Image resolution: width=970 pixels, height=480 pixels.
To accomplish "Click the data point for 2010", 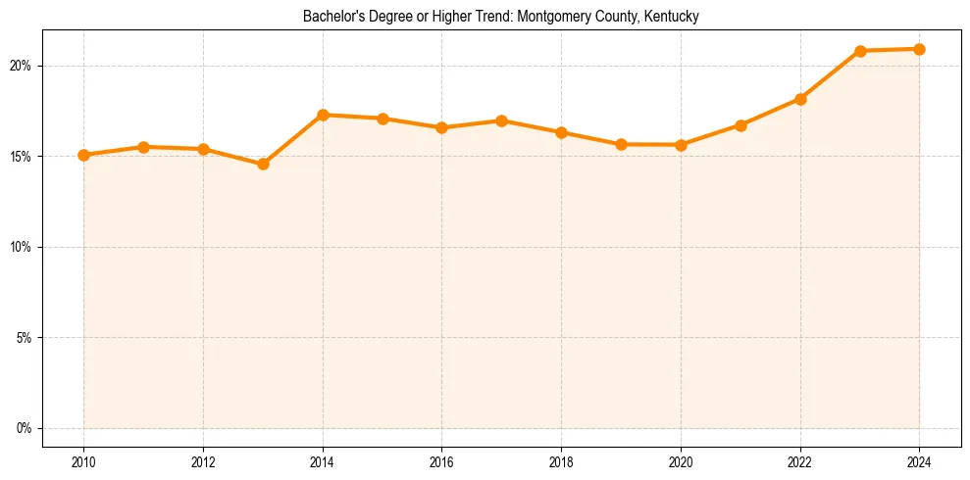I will [83, 155].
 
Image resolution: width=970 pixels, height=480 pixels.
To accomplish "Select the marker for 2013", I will [263, 164].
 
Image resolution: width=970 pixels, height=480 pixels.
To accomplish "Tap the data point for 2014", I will [323, 115].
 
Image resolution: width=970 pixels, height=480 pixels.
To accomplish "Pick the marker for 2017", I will [501, 120].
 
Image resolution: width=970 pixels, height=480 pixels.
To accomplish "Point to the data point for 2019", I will [621, 144].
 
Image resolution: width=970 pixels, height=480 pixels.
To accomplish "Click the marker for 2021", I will [740, 125].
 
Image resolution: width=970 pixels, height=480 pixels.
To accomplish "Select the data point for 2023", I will [860, 51].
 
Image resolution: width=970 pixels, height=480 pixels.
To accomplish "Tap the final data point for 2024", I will [919, 49].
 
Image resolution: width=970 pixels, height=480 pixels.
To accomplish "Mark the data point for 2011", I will [143, 147].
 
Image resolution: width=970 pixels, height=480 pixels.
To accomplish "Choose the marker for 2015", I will [383, 119].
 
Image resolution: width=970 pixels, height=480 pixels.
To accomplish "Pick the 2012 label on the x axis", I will [203, 461].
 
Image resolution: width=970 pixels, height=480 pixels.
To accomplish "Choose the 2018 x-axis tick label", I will [561, 461].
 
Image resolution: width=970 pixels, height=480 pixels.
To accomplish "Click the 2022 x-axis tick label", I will [800, 461].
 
